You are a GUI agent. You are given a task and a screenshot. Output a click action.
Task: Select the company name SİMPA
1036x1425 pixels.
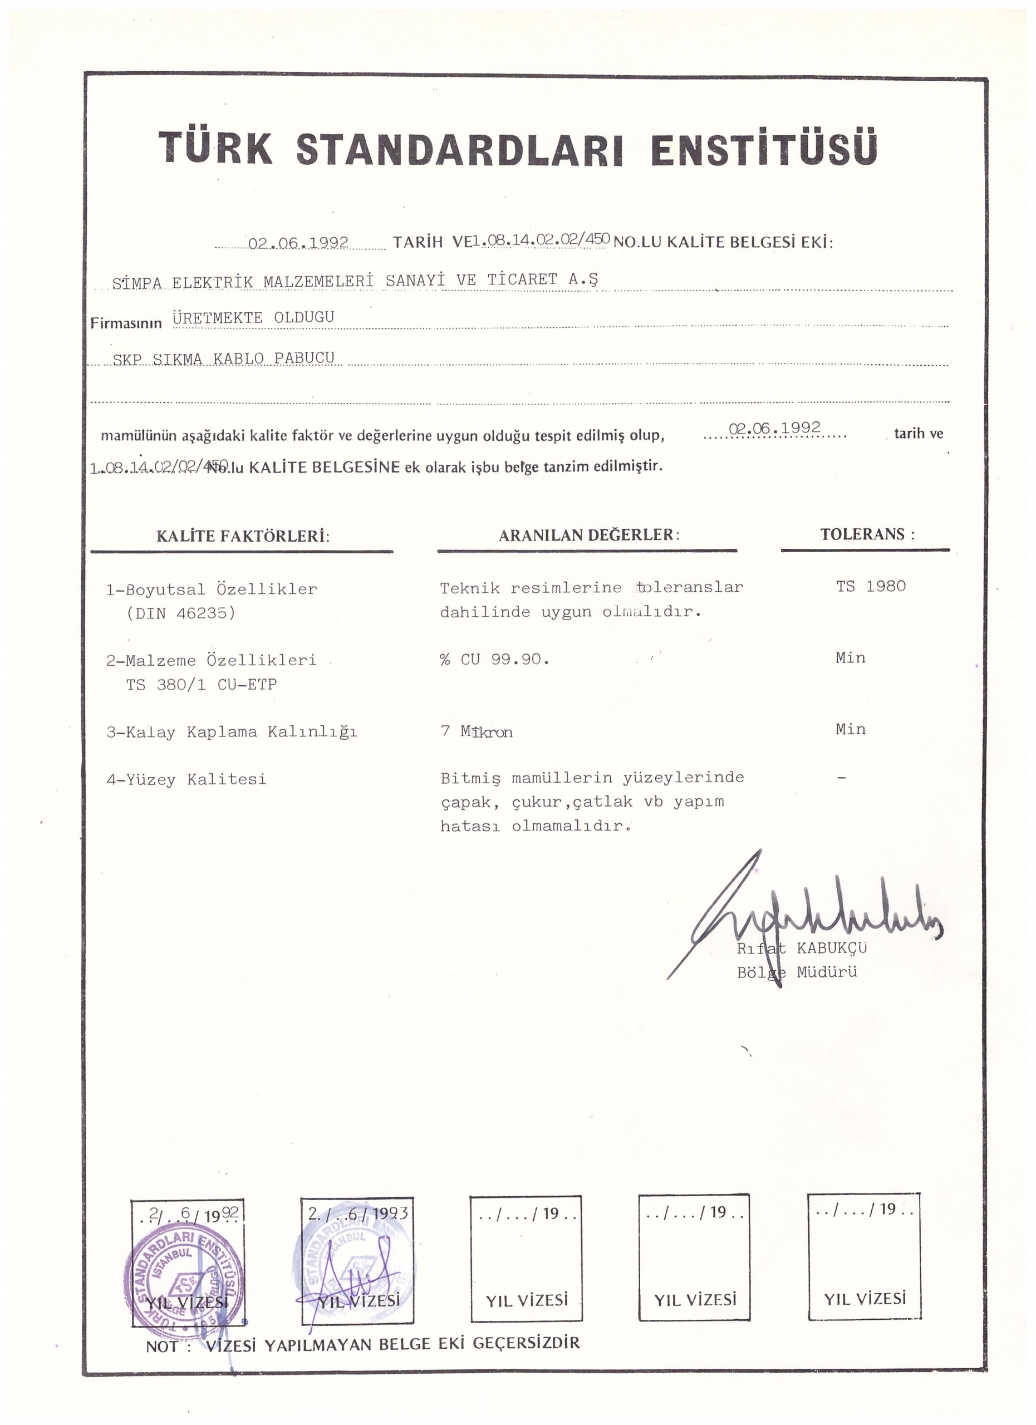pos(137,283)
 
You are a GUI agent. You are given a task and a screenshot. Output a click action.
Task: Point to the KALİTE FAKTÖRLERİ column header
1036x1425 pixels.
pos(243,536)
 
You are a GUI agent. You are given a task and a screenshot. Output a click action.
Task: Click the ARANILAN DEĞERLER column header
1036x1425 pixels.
pos(588,535)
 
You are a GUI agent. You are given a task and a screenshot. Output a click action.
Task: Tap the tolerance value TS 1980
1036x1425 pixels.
pos(871,586)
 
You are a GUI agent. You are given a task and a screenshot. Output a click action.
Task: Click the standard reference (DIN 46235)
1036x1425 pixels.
pos(181,613)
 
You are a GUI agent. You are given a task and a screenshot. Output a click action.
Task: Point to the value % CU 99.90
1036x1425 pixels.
pos(494,659)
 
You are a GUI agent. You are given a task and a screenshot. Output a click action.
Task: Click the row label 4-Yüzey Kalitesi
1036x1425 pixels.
pos(186,780)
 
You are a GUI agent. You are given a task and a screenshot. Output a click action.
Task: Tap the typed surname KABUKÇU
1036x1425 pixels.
pos(831,947)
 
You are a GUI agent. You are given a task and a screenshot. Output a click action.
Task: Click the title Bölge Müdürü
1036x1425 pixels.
pos(797,972)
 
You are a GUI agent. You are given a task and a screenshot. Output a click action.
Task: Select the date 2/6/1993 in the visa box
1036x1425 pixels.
pos(357,1213)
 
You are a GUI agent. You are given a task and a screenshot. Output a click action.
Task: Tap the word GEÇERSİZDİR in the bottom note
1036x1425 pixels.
pos(526,1343)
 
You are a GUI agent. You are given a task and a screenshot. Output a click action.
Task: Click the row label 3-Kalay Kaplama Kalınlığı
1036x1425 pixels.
pos(232,732)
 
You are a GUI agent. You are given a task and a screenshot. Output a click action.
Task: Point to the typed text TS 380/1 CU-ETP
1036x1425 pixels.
pos(201,684)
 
